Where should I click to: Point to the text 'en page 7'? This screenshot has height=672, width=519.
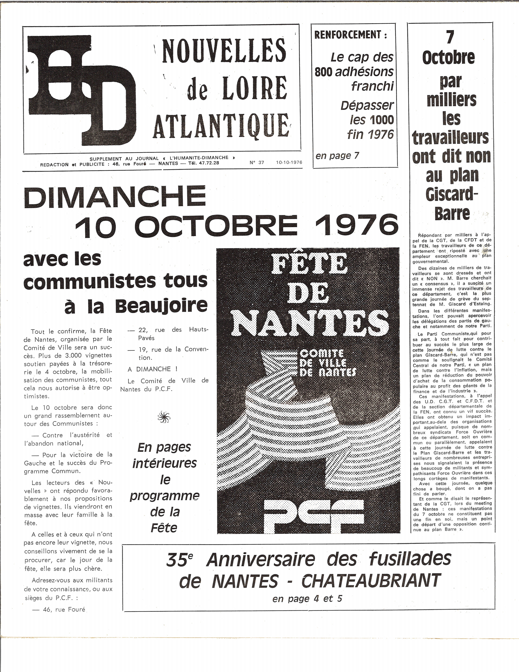(337, 156)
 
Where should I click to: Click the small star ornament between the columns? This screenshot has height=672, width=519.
(164, 417)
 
